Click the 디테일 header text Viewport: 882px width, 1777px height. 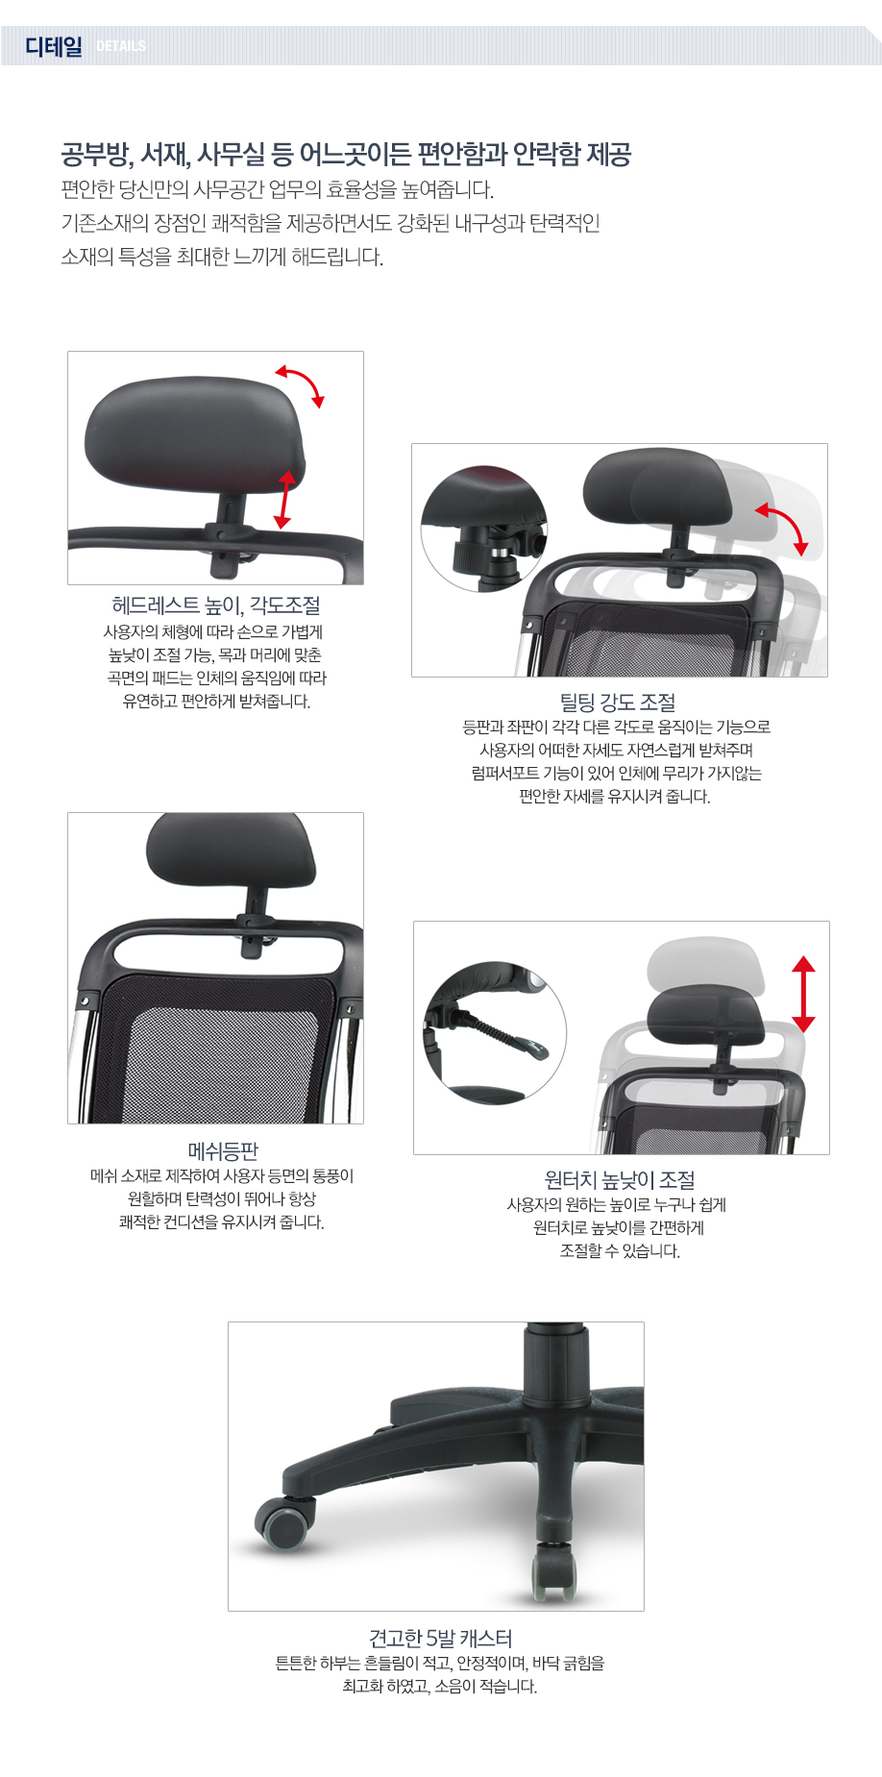coord(54,46)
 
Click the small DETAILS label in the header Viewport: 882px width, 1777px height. coord(121,46)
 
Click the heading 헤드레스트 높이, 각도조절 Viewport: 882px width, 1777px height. coord(216,605)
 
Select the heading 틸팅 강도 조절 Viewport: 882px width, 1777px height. coord(618,703)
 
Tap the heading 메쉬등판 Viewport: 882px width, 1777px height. coord(223,1151)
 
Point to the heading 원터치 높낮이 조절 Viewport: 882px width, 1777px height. coord(620,1180)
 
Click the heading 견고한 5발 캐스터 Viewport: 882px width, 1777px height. coord(441,1639)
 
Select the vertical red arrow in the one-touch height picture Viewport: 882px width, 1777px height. coord(804,994)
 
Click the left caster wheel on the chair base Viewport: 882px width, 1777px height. coord(285,1522)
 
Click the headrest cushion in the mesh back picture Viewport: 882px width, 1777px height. coord(231,853)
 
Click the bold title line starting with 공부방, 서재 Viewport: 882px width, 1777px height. coord(346,155)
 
